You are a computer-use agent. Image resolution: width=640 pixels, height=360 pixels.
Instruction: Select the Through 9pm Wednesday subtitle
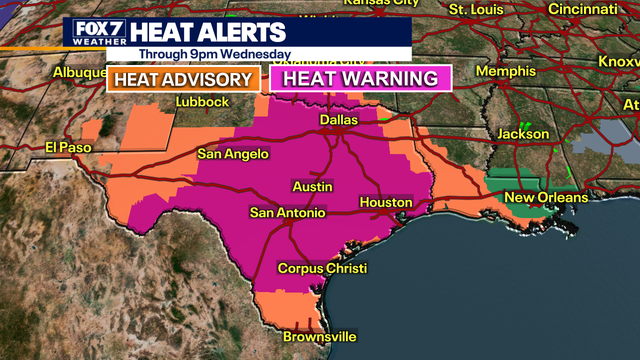215,53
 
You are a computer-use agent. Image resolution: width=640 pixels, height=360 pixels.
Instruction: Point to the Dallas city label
338,120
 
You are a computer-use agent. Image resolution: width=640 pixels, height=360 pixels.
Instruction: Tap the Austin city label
312,187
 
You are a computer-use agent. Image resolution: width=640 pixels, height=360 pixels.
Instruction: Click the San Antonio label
287,213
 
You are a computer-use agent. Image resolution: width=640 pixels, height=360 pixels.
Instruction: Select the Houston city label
385,203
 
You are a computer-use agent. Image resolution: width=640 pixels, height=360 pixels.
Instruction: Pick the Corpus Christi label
322,269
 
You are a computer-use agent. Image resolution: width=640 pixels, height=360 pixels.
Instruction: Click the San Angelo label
232,154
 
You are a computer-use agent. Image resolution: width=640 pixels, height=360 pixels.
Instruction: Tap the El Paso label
67,147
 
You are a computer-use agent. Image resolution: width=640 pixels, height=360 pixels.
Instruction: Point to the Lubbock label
202,102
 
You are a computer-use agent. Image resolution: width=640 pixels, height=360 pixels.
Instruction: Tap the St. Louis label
476,9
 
